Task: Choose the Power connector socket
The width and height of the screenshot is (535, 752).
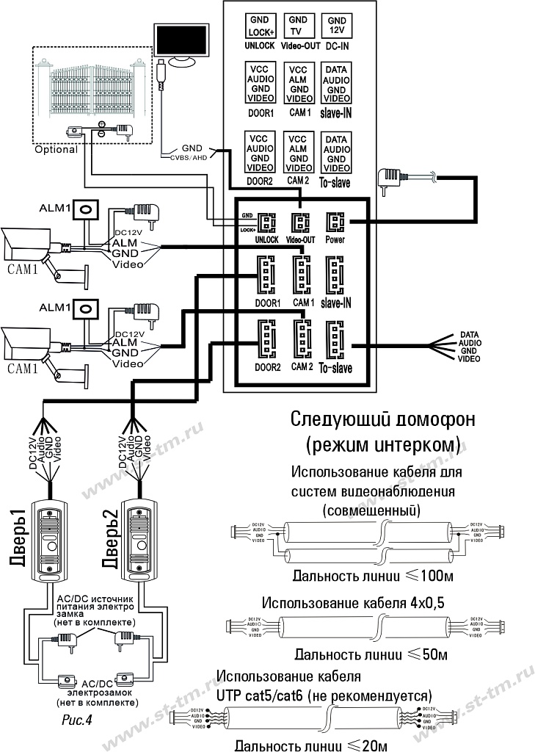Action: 336,222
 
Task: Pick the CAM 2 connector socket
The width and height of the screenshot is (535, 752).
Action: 301,340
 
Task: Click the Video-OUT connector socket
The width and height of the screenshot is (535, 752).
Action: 300,222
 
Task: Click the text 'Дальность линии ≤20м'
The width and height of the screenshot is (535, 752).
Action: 310,745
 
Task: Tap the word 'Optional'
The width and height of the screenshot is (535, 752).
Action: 56,149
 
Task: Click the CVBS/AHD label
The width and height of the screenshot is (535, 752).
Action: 186,156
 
